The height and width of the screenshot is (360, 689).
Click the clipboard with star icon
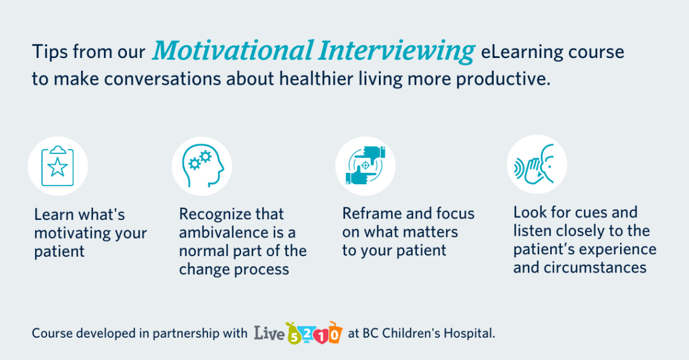57,166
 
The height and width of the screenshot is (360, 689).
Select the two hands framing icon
365,166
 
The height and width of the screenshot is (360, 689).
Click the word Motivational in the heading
233,51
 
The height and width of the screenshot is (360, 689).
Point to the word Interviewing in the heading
397,51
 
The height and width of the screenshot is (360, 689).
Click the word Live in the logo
270,333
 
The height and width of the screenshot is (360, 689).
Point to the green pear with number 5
293,334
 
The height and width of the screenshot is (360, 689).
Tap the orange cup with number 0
335,333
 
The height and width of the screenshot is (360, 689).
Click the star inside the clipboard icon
57,167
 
